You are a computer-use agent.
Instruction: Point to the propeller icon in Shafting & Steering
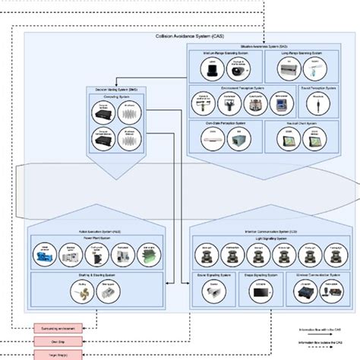click(78, 289)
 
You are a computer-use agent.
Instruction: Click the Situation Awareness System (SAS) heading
click(271, 46)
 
